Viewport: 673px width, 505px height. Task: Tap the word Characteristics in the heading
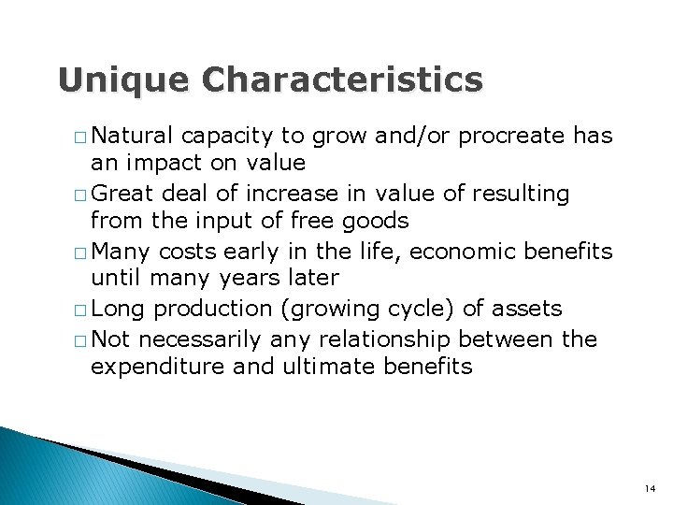coord(342,80)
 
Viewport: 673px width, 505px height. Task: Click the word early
coord(261,252)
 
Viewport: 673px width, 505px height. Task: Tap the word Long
coord(119,310)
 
